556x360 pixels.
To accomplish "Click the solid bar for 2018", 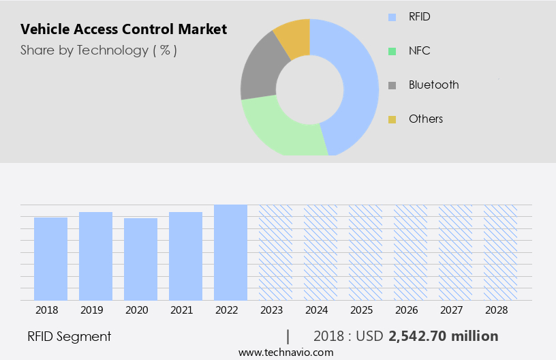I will (x=50, y=258).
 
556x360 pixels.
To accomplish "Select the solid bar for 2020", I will (x=140, y=259).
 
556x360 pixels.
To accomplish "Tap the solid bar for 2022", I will (x=230, y=252).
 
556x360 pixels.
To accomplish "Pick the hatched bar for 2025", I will (x=365, y=252).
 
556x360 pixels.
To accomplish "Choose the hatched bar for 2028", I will (x=500, y=252).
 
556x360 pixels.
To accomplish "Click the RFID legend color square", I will (x=392, y=17).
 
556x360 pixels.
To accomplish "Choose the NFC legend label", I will (x=419, y=50).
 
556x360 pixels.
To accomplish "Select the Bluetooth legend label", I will (x=433, y=85).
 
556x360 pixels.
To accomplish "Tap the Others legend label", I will (x=426, y=119).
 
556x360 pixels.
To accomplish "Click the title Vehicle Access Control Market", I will (x=123, y=29).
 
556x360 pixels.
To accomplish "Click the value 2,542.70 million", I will (x=443, y=336).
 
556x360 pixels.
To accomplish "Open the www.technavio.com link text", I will (x=285, y=352).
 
